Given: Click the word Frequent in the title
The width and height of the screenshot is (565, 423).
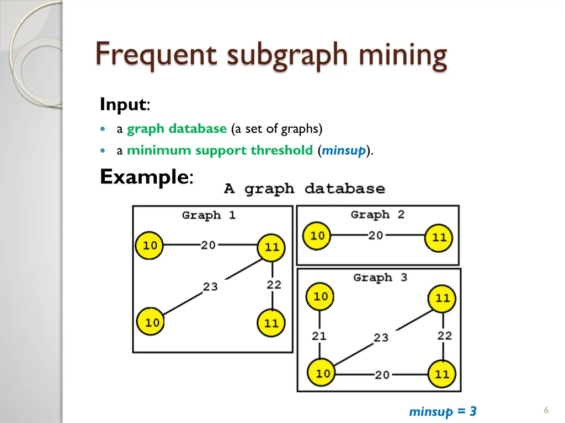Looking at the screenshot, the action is coord(156,55).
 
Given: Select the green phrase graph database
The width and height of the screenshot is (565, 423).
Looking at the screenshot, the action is coord(177,129).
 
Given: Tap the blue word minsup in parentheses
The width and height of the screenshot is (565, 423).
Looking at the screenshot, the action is coord(343,150).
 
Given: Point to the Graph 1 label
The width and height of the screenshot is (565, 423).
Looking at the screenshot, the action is coord(209,215).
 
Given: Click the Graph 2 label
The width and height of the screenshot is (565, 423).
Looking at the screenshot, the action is coord(377,214).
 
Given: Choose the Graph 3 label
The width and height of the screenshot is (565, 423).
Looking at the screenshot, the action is coord(380,278).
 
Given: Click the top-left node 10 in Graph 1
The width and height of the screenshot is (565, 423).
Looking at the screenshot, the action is coord(150,246).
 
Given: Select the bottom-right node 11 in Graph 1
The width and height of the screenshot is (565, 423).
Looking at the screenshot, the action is coord(271,323).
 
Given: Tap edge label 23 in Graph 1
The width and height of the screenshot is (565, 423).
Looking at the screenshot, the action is coord(210,286).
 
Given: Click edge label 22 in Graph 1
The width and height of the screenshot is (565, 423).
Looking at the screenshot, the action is coord(274,285).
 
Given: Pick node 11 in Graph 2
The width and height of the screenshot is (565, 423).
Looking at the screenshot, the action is coord(439,237).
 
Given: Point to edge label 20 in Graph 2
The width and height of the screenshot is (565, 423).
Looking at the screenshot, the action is coord(375,236).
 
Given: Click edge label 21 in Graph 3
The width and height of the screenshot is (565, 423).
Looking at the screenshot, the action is coord(319,337).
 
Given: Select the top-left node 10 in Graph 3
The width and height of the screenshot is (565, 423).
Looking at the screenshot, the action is coord(319,297).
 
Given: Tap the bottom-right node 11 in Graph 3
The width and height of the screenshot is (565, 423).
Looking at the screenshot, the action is coord(442,374).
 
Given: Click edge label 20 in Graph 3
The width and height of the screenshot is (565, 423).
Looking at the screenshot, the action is coord(382,375).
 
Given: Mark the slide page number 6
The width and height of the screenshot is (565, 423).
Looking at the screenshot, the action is coord(546,410).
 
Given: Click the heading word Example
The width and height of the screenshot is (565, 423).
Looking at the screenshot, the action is coord(144,177).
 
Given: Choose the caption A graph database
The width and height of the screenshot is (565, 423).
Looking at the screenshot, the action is coord(305,189).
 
